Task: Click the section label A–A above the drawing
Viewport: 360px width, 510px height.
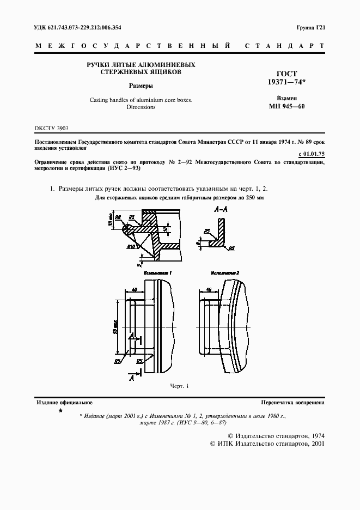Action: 222,209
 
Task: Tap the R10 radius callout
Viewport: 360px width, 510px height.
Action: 131,247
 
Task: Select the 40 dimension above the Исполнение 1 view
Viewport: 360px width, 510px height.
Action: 133,290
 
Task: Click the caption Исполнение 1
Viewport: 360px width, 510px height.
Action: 158,271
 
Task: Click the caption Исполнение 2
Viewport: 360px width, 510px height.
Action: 225,271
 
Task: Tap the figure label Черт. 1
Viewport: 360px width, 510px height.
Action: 179,386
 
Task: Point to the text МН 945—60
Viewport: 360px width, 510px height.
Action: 286,106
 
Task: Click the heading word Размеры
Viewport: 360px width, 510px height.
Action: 141,86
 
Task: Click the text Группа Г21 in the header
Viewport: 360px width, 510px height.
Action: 310,27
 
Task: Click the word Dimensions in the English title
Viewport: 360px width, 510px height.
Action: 141,107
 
